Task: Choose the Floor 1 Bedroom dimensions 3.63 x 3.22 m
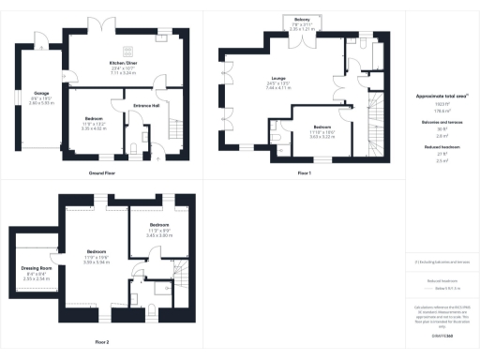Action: coord(322,138)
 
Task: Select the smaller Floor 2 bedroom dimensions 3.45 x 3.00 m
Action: coord(158,234)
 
